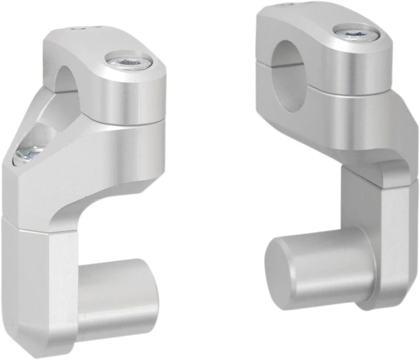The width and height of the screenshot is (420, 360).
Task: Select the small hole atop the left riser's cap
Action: [x=79, y=29]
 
